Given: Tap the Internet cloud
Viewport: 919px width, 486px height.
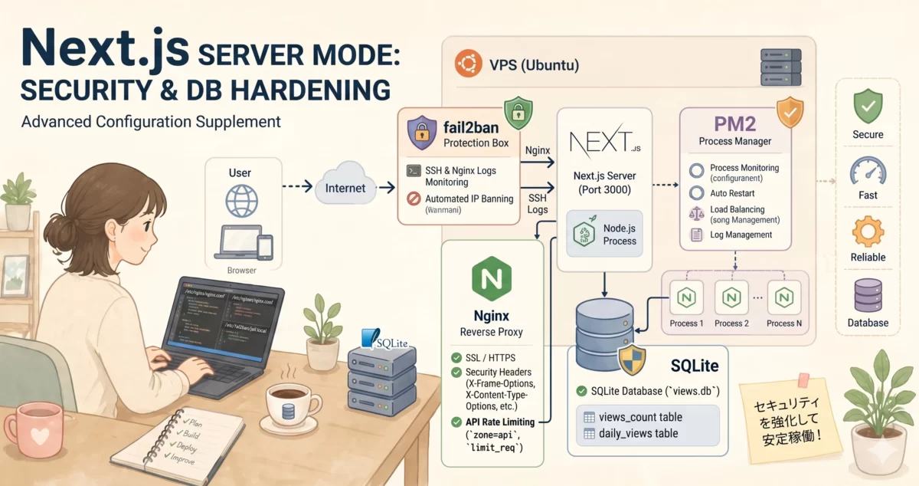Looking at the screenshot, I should tap(345, 186).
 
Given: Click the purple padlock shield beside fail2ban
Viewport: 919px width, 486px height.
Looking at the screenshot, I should tap(421, 132).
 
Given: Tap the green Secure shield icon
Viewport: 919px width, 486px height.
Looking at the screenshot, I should tap(868, 106).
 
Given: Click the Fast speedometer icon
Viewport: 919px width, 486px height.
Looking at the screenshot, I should tap(868, 169).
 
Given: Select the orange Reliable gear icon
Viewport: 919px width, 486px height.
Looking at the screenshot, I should tap(868, 231).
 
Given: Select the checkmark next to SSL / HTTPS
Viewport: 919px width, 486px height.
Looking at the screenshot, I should tap(456, 358).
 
